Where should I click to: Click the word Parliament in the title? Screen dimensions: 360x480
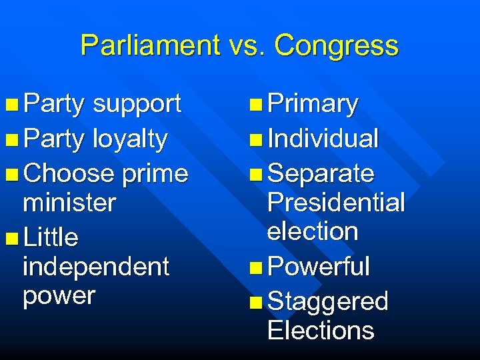[x=150, y=45]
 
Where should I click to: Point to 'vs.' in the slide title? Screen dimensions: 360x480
[x=247, y=45]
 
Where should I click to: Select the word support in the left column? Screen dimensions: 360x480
[x=137, y=104]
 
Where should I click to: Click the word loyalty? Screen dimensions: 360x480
[x=130, y=139]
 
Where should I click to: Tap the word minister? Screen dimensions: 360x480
[x=69, y=203]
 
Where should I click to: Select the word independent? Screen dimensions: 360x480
[x=96, y=267]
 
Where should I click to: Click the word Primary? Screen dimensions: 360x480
[x=313, y=104]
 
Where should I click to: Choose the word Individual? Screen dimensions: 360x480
[x=323, y=139]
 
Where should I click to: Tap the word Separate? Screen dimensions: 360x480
[x=321, y=173]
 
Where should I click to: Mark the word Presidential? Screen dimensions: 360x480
[x=336, y=203]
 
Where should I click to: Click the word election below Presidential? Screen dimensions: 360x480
[x=313, y=231]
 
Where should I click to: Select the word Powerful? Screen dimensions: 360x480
[x=318, y=267]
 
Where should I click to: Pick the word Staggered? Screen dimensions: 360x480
[x=327, y=301]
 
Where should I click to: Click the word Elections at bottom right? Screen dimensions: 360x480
[x=321, y=330]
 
